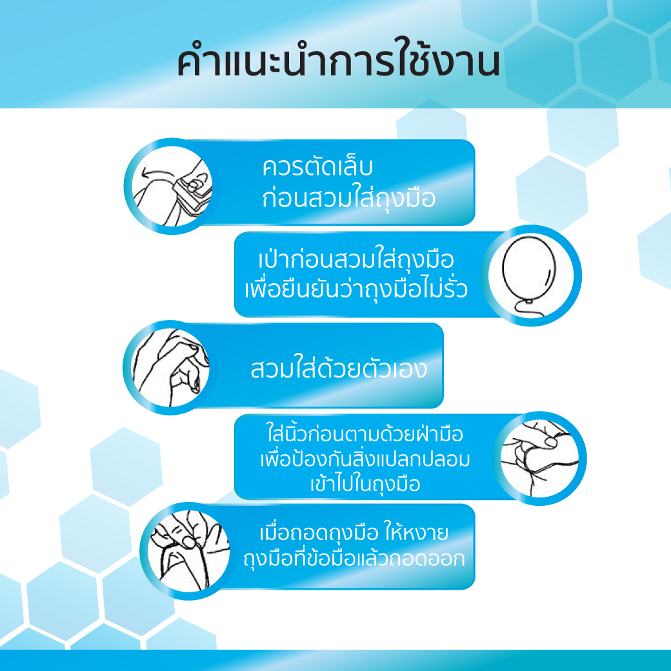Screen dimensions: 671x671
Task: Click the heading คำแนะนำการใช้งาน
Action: tap(338, 63)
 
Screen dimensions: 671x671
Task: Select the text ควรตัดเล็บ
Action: tap(317, 167)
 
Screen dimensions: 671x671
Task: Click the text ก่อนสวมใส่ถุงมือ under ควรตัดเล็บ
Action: tap(348, 198)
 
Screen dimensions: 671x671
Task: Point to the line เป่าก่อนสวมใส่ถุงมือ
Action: tap(356, 261)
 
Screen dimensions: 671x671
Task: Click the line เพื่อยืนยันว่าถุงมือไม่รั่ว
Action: tap(356, 290)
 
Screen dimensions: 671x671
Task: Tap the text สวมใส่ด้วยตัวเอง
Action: tap(338, 370)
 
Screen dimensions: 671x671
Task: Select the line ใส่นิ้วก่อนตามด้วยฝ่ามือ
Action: tap(365, 432)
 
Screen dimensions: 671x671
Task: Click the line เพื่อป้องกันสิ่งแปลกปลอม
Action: tap(365, 459)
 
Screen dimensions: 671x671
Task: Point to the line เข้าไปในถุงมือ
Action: tap(365, 485)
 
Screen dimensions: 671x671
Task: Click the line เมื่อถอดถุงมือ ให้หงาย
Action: tap(353, 534)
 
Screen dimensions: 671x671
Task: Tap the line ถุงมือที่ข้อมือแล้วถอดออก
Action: tap(354, 559)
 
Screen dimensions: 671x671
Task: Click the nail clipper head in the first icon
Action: tap(194, 187)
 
